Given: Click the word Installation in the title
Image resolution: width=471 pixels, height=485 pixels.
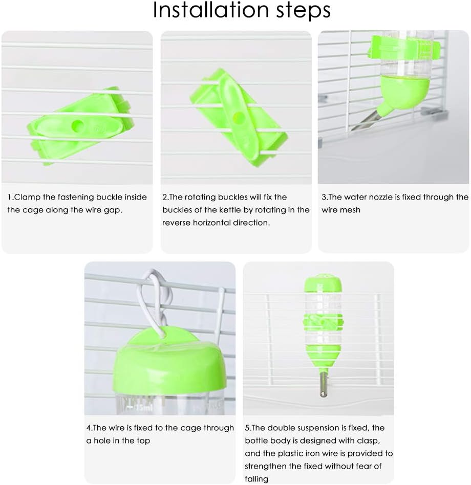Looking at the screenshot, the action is point(211,10).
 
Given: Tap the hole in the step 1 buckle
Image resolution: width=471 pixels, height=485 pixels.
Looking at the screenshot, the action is point(77,125).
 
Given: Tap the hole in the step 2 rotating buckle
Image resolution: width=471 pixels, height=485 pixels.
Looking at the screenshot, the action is point(238,117).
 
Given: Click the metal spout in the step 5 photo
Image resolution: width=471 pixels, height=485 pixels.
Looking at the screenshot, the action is point(323,384).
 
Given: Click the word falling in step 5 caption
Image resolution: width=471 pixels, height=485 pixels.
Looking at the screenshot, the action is point(256,479).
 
